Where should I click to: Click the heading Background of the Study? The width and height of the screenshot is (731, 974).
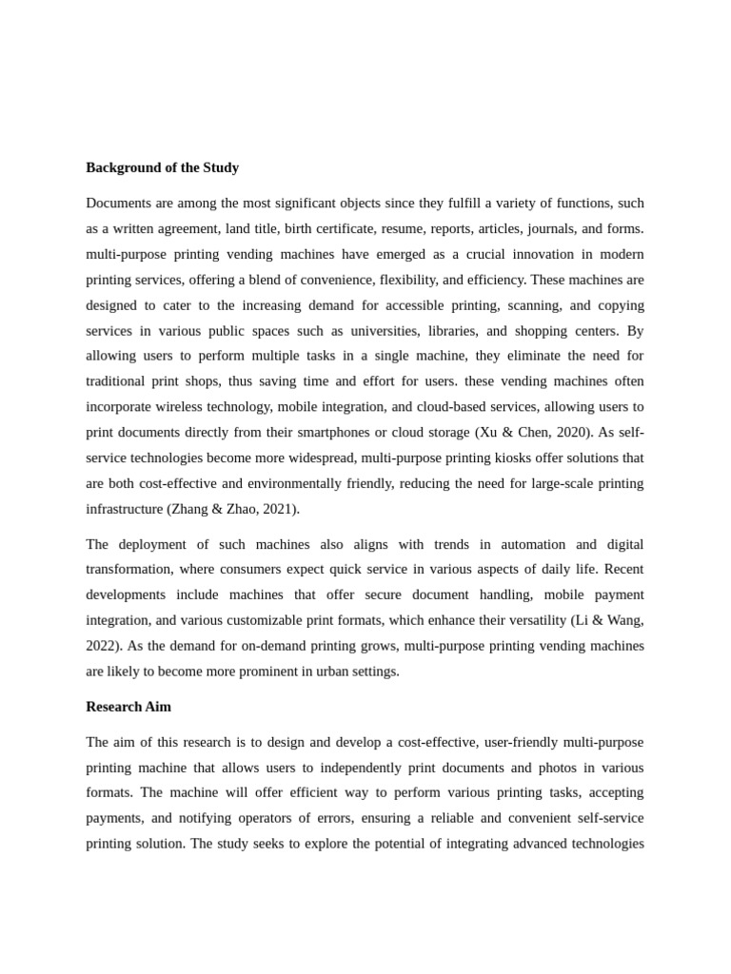pos(162,168)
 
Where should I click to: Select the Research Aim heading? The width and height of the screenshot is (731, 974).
pos(128,708)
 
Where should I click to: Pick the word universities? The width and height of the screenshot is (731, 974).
pos(419,331)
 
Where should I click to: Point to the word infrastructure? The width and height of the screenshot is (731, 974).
pos(124,509)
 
